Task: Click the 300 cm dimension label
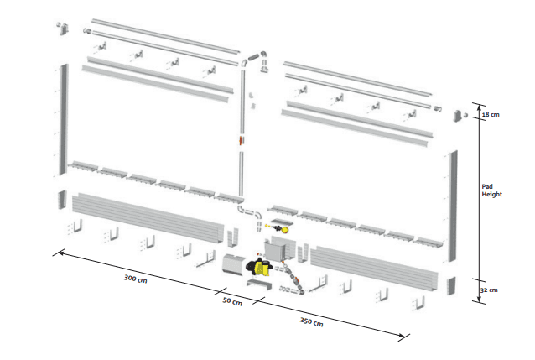[136, 279]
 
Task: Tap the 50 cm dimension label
[232, 301]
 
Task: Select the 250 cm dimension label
[311, 321]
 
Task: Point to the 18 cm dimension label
[491, 114]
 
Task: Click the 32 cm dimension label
[489, 290]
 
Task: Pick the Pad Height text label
[491, 190]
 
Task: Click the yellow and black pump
[259, 267]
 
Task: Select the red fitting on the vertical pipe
[241, 140]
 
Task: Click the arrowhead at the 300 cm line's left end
[60, 253]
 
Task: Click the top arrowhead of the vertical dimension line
[480, 107]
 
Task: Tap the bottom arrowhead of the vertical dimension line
[479, 300]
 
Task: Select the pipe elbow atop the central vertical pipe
[244, 63]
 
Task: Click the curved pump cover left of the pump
[233, 263]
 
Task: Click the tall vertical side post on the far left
[64, 119]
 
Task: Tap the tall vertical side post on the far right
[453, 206]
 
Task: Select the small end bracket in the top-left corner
[64, 29]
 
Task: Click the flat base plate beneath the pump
[259, 284]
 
